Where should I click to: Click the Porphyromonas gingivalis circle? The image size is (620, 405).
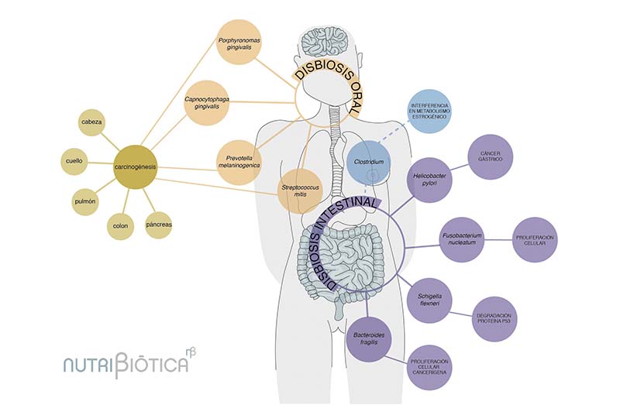point(239,43)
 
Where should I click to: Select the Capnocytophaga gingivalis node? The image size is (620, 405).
point(207,102)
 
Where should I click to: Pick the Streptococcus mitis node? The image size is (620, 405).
point(301,190)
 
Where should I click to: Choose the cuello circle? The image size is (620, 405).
point(76,161)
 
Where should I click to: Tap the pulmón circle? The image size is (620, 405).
point(85,201)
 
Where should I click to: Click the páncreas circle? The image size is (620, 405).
point(160,225)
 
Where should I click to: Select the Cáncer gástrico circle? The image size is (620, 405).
point(494,158)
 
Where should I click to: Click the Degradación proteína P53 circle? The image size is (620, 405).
point(494,318)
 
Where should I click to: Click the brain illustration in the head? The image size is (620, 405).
point(325,41)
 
